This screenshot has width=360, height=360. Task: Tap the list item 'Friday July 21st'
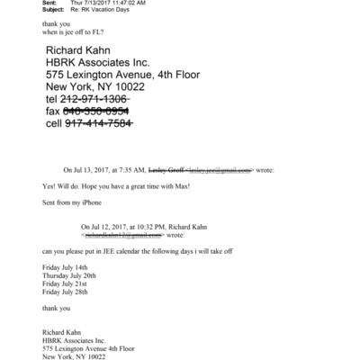66,283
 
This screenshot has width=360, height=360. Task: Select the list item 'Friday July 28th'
66,292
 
